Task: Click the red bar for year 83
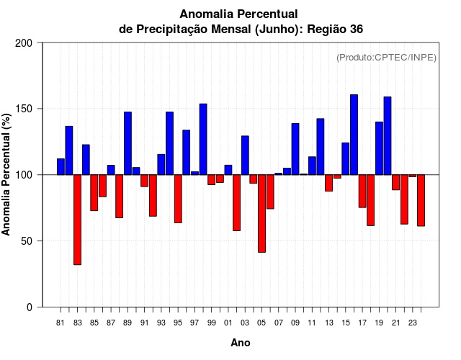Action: [77, 220]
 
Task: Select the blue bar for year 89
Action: [127, 143]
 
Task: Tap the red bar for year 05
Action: [261, 213]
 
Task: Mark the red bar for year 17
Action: [362, 191]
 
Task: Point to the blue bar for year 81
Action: [61, 166]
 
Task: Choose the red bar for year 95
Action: [178, 199]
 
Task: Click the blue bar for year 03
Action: [245, 155]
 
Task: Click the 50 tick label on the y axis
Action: [27, 241]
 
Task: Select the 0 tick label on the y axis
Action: [29, 307]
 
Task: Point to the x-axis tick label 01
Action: [228, 323]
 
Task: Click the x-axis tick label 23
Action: [413, 323]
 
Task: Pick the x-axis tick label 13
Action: [328, 323]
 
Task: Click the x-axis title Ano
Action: [241, 343]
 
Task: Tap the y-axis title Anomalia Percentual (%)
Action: [7, 175]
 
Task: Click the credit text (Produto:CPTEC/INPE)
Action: [387, 58]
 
